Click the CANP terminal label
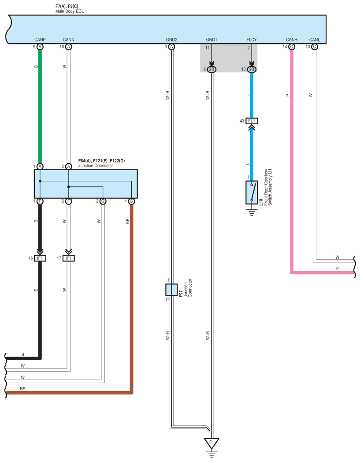click(40, 40)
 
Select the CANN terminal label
click(69, 40)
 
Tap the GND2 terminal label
click(171, 40)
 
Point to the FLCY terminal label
click(252, 40)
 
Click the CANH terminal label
click(292, 40)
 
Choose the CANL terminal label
click(315, 40)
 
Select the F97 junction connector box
click(171, 290)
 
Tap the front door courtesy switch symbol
click(252, 192)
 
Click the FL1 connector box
click(252, 121)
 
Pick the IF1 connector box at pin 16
click(40, 258)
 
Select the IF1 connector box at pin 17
click(69, 258)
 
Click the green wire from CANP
click(40, 107)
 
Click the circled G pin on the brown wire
click(131, 201)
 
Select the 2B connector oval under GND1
click(212, 69)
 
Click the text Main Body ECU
click(70, 11)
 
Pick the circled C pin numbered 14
click(292, 47)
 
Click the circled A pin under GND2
click(171, 47)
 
